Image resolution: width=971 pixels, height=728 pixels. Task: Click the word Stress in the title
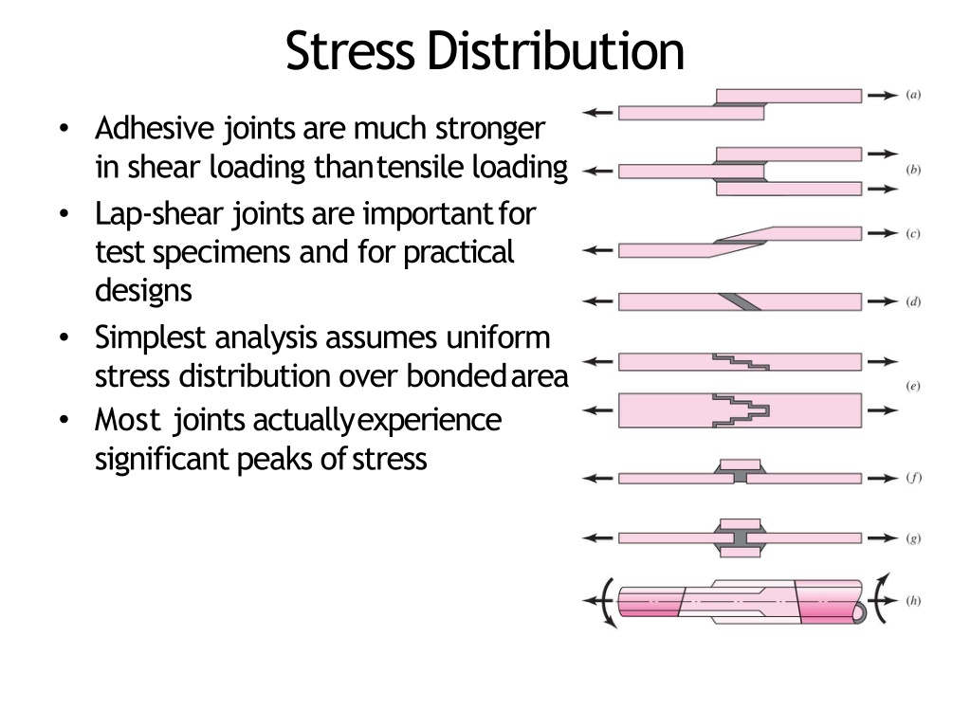pyautogui.click(x=350, y=51)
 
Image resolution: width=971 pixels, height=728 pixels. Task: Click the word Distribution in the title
pyautogui.click(x=556, y=51)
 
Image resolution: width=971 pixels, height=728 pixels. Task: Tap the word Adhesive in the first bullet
pyautogui.click(x=155, y=128)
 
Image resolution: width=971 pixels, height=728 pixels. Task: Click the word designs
pyautogui.click(x=144, y=291)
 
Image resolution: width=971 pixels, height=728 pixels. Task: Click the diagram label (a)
pyautogui.click(x=913, y=95)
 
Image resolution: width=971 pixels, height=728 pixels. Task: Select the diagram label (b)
pyautogui.click(x=913, y=170)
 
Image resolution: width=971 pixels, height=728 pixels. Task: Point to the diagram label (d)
pyautogui.click(x=913, y=302)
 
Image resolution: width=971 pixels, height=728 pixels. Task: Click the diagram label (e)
pyautogui.click(x=913, y=387)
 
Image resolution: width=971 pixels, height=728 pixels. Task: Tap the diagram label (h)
pyautogui.click(x=913, y=600)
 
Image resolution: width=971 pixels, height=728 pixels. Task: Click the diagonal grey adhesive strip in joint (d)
pyautogui.click(x=740, y=301)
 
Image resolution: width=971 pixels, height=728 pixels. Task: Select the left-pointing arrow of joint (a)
pyautogui.click(x=597, y=113)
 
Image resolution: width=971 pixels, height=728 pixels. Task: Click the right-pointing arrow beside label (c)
pyautogui.click(x=883, y=233)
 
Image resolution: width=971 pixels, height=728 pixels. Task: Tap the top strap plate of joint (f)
pyautogui.click(x=740, y=464)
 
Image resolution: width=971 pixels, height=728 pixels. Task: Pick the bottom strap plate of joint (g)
pyautogui.click(x=740, y=552)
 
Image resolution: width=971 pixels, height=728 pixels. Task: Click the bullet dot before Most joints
pyautogui.click(x=64, y=420)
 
